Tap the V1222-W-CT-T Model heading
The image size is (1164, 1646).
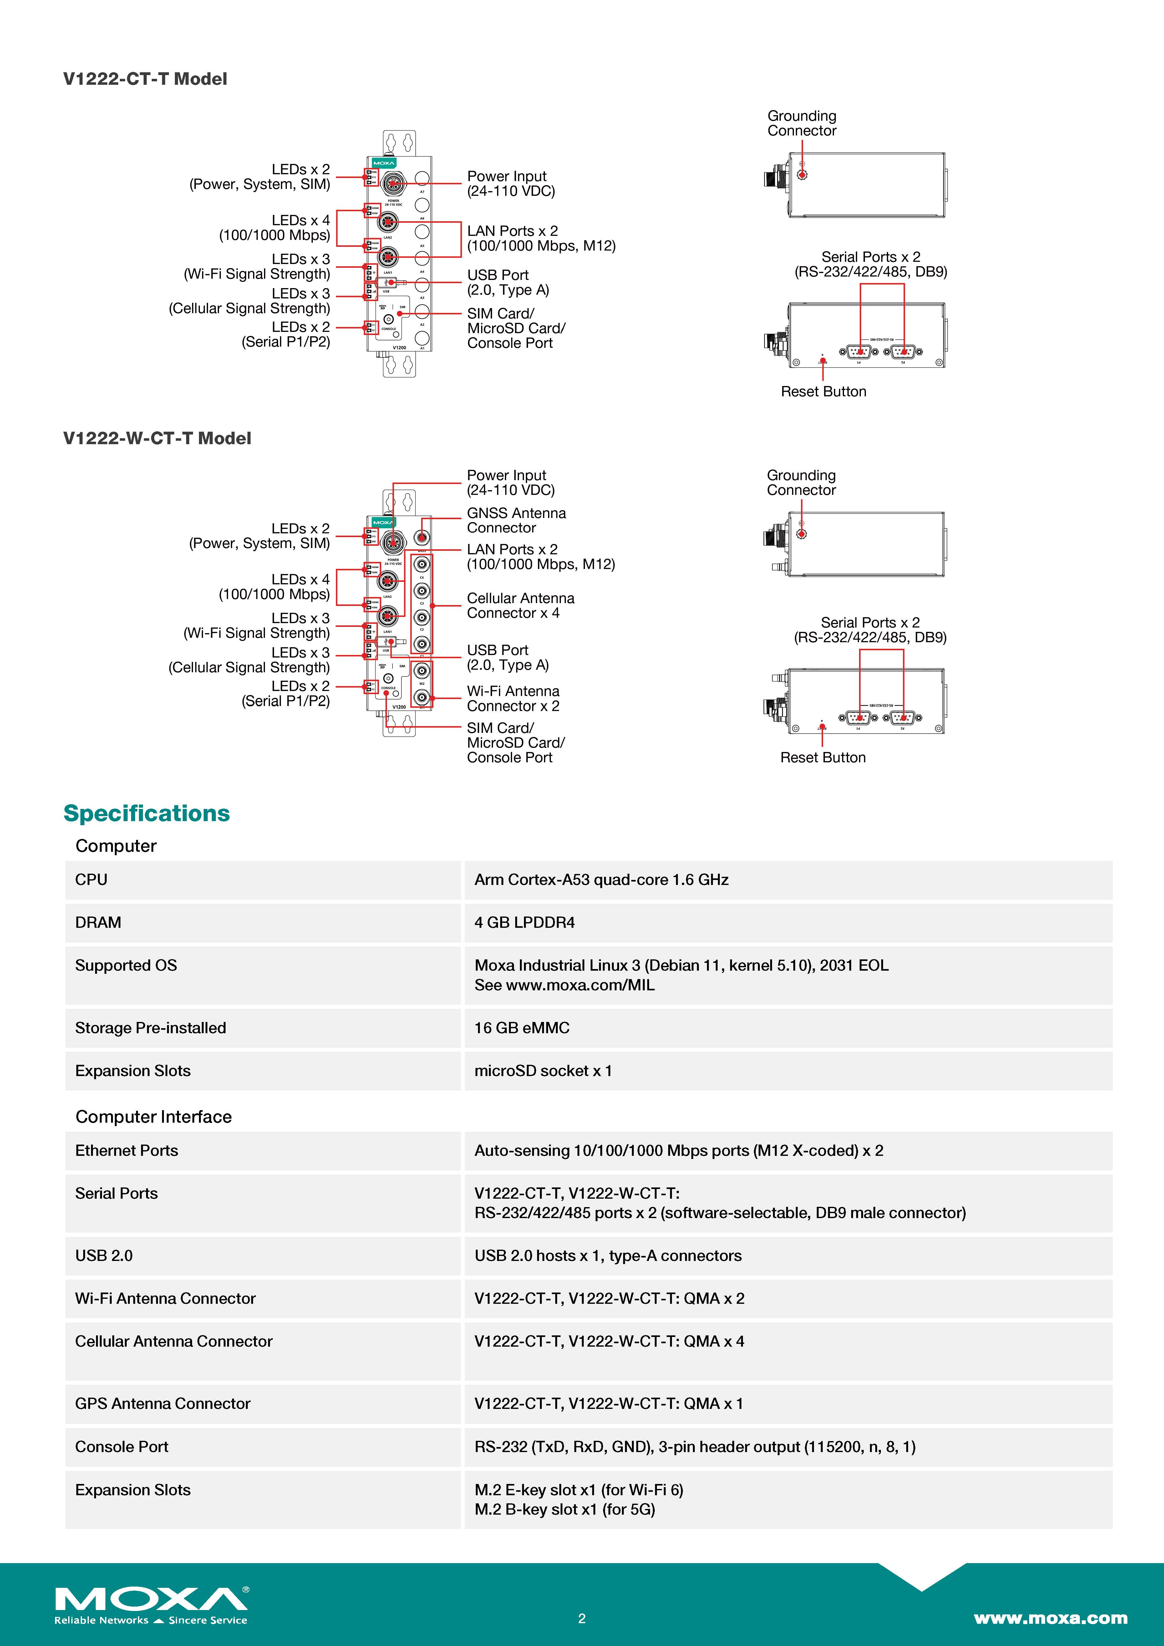tap(157, 438)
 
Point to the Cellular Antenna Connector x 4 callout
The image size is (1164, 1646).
tap(520, 606)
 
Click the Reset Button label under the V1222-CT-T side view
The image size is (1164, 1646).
tap(824, 391)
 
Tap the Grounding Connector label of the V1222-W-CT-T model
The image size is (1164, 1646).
tap(801, 482)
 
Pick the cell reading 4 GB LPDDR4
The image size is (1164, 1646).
tap(525, 923)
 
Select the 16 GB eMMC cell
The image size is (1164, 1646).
tap(522, 1028)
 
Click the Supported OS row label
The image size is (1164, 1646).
tap(126, 966)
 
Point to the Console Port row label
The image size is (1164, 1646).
tap(122, 1447)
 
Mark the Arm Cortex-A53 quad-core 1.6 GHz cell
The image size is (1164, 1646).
tap(601, 880)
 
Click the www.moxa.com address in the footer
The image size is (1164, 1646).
tap(1050, 1618)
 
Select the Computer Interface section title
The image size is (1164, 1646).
tap(153, 1117)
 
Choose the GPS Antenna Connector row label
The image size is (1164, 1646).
tap(163, 1404)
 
